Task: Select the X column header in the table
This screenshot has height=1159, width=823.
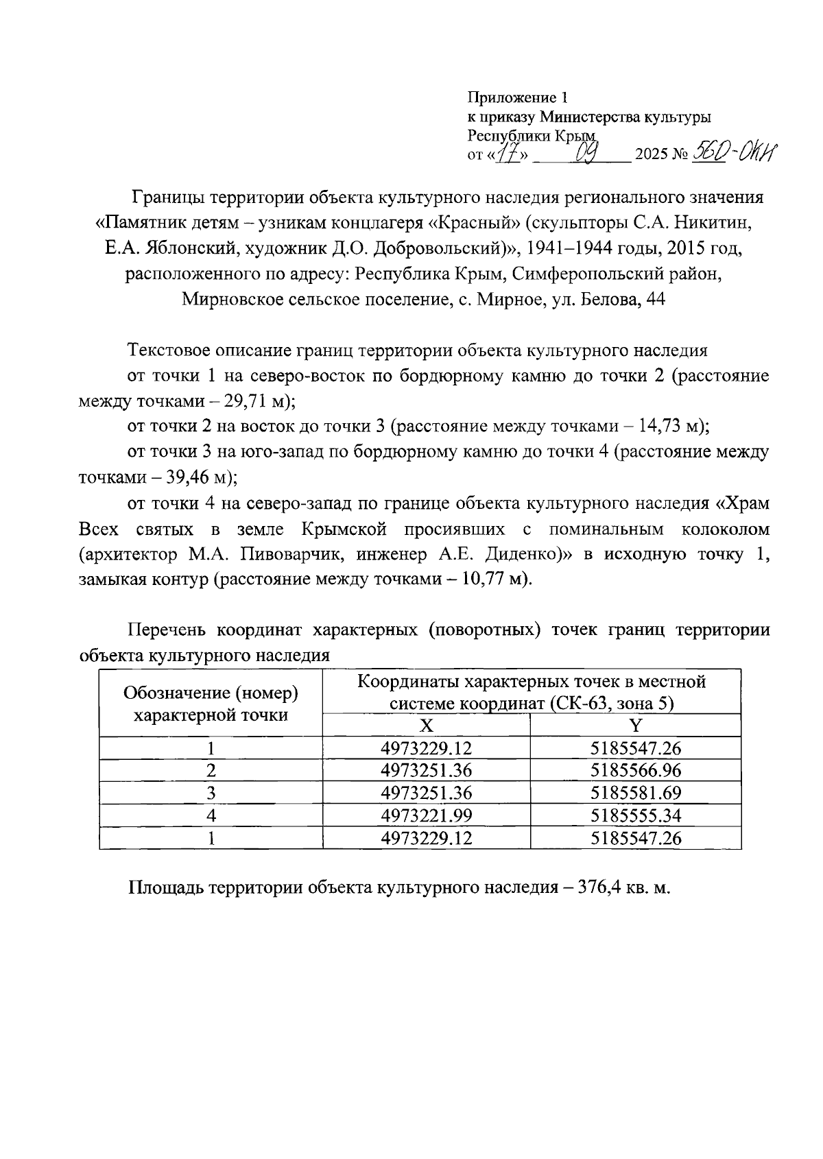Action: click(x=426, y=726)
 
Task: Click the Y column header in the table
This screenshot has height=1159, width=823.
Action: click(x=635, y=726)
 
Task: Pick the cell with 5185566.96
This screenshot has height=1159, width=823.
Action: click(x=636, y=770)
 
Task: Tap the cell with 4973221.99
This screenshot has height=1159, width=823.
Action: click(x=426, y=815)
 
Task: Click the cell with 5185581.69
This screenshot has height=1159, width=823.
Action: click(x=636, y=793)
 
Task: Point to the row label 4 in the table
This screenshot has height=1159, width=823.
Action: click(x=211, y=815)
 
